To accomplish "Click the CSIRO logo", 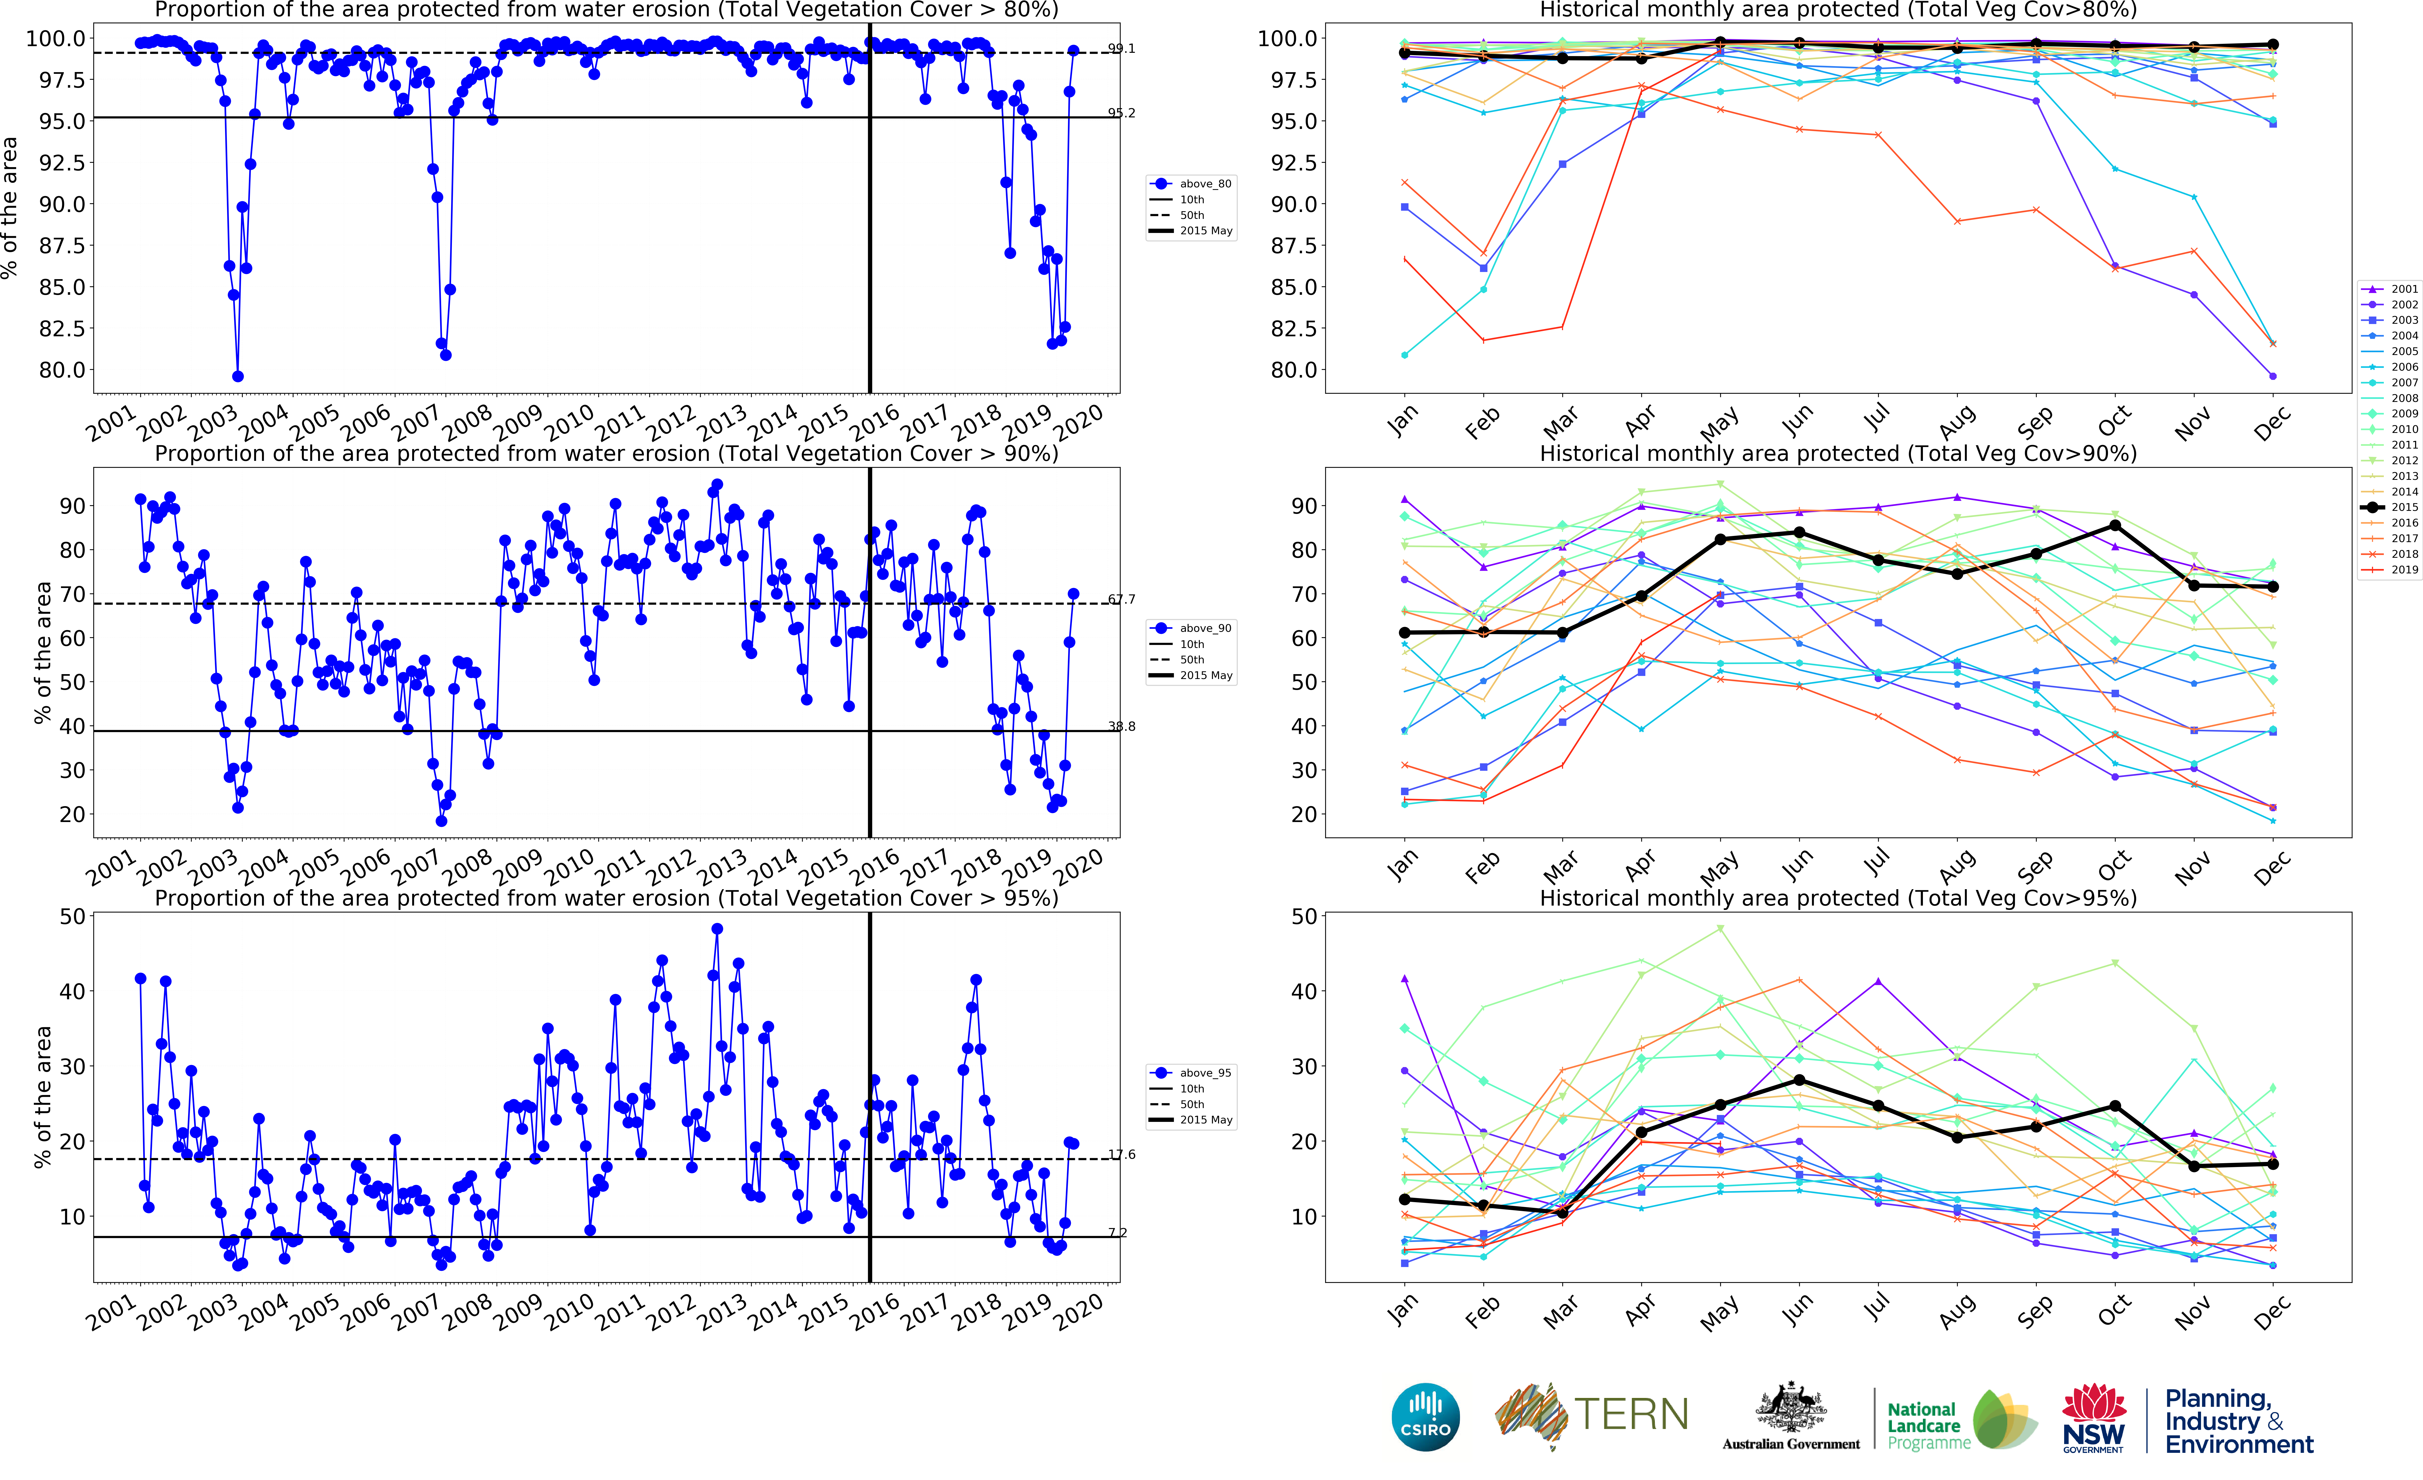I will coord(1425,1417).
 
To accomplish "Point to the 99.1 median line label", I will coord(1121,48).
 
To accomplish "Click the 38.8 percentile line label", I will coord(1121,727).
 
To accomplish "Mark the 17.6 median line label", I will coord(1121,1154).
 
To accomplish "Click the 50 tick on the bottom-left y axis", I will coord(72,917).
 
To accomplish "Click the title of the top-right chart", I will coord(1837,10).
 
